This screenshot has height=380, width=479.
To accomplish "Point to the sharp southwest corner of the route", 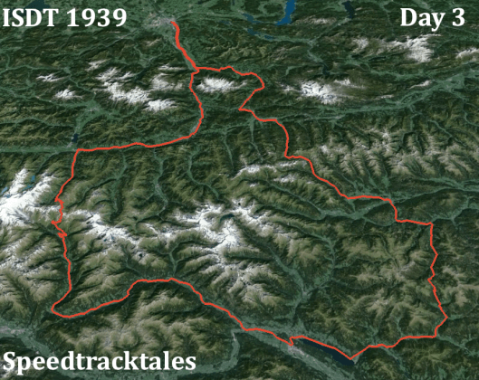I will [x=54, y=311].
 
